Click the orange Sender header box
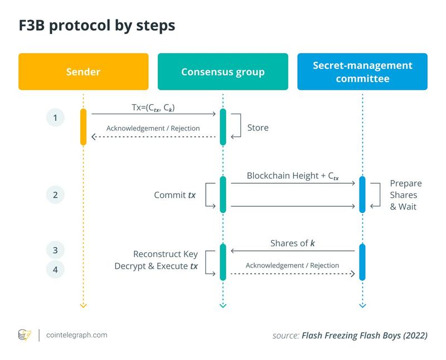point(84,71)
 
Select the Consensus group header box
point(223,71)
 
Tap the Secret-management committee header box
point(362,71)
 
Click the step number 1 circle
point(55,118)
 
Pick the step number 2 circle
point(55,194)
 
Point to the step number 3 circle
point(55,250)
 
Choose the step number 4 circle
point(55,270)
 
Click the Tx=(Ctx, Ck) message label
point(154,107)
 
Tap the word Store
point(258,128)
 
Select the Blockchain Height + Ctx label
point(293,176)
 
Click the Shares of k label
point(292,244)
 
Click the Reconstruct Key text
point(166,254)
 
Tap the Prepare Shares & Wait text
point(405,195)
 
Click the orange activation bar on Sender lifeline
point(84,127)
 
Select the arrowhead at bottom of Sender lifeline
point(84,305)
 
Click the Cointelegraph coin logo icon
point(25,335)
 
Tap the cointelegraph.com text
point(77,335)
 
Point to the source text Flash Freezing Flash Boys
point(364,335)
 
